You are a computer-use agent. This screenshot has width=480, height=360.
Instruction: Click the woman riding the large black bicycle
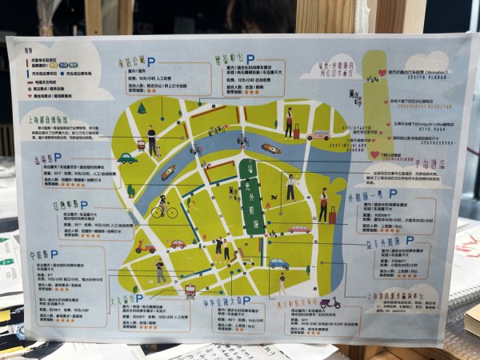coord(163,206)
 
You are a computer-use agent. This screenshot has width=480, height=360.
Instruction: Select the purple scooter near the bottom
coord(329,303)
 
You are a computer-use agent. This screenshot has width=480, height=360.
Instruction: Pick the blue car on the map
coord(278,262)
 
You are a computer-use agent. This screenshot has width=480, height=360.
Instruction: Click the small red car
coord(177,243)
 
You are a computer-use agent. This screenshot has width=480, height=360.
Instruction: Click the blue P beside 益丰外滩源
coord(411,239)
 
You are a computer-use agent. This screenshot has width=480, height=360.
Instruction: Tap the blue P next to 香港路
coord(58,158)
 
